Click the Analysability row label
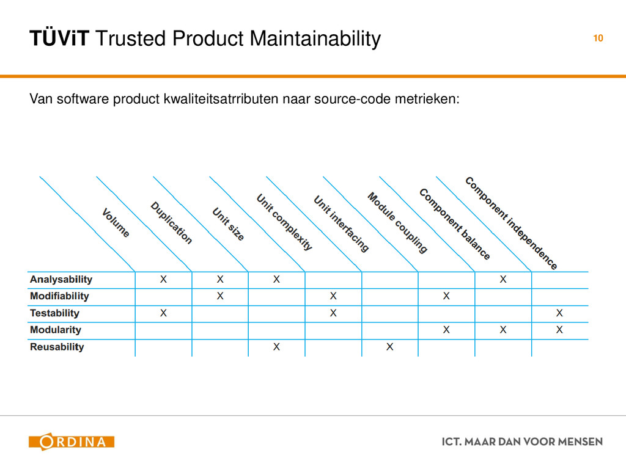coord(61,280)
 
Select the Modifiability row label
coord(59,296)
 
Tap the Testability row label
coord(55,313)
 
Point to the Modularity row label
coord(56,330)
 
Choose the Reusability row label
coord(57,347)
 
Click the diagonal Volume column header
coord(116,223)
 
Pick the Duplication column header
coord(172,223)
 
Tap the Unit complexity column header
coord(284,222)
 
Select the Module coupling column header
coord(397,222)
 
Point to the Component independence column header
coord(511,223)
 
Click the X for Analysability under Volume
coord(163,280)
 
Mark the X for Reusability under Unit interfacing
coord(389,347)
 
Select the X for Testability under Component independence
coord(559,313)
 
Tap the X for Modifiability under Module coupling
coord(446,296)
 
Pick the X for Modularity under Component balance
coord(503,330)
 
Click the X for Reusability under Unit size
coord(276,347)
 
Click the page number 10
coord(597,38)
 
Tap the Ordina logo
coord(72,442)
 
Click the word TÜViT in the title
coord(59,39)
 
